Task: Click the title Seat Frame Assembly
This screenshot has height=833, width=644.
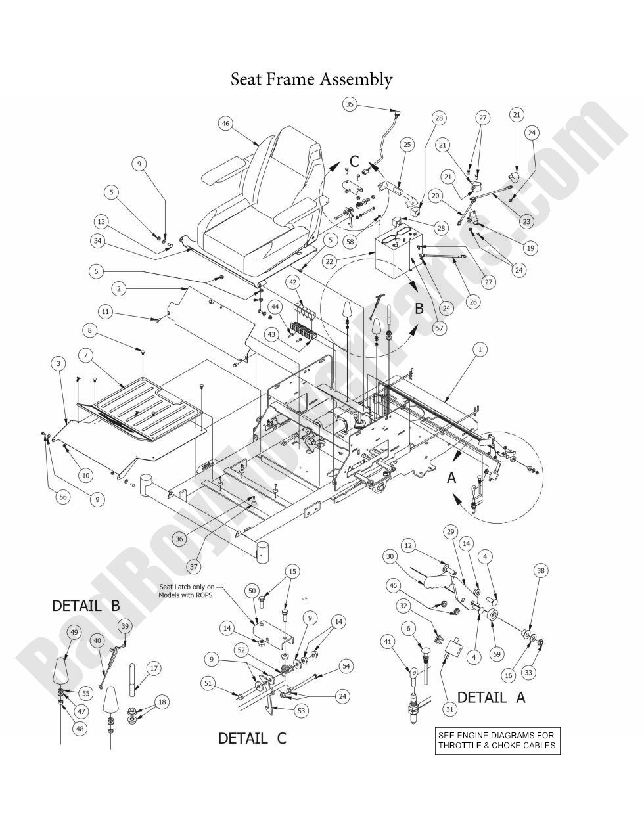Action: pos(311,79)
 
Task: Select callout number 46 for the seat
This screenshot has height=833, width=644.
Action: pos(226,123)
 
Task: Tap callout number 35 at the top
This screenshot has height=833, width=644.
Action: pos(350,104)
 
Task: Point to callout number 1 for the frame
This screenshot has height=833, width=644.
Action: pos(480,349)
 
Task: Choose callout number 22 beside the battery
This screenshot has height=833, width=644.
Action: pos(331,261)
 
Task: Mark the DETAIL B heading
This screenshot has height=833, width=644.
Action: pos(86,606)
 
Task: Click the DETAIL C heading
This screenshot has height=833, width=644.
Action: pos(252,738)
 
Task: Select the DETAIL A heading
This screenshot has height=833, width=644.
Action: pos(491,698)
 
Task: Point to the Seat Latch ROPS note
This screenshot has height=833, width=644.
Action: pos(186,591)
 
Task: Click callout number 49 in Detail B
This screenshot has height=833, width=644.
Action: pos(74,632)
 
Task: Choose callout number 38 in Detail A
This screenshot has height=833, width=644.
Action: pos(541,571)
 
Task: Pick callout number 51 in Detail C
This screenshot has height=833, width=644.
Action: pos(208,683)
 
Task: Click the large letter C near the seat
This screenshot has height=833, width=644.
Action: pos(354,161)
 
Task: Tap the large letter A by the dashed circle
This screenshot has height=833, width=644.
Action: pos(451,478)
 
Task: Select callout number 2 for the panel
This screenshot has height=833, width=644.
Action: pos(119,288)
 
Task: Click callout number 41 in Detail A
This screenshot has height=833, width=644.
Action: pos(388,641)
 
